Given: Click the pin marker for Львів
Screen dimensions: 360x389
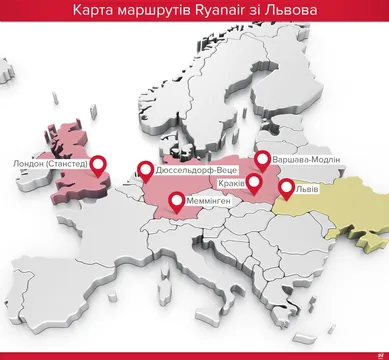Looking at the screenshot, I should point(286,187).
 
